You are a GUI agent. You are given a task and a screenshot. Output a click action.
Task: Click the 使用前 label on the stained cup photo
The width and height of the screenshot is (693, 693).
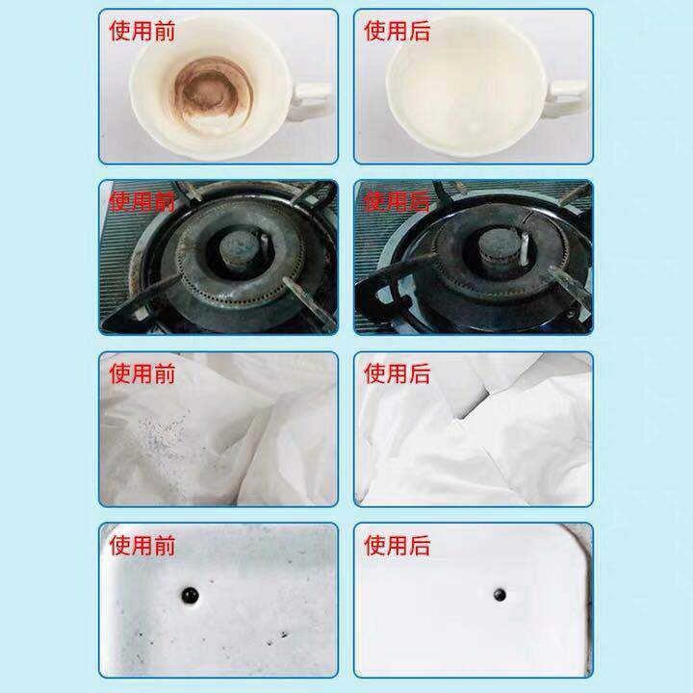[x=141, y=31]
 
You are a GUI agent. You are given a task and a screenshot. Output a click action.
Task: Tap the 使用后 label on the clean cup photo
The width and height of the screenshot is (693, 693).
[x=397, y=31]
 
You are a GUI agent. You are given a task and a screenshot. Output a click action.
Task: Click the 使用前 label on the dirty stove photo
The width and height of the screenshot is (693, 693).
[x=141, y=201]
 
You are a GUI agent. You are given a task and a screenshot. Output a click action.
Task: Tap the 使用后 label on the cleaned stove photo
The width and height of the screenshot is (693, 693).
[x=397, y=201]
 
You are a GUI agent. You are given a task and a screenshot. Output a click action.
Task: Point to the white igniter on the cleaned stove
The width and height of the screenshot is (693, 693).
[x=525, y=249]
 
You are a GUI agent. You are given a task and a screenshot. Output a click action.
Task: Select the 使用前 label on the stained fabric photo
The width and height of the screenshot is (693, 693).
[x=141, y=373]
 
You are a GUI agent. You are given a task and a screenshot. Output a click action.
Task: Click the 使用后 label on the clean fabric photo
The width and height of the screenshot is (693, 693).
[x=397, y=373]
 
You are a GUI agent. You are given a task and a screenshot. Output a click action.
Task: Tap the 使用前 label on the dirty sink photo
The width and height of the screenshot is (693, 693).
[x=141, y=545]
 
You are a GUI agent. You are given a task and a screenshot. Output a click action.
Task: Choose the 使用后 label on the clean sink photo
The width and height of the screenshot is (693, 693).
[x=397, y=545]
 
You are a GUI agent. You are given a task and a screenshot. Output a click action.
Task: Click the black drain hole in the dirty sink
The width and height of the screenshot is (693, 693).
[x=190, y=595]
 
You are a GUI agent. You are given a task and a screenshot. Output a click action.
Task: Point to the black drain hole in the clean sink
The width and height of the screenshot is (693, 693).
[x=500, y=595]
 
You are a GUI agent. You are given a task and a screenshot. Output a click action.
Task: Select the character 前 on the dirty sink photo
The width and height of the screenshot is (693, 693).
[x=165, y=545]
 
